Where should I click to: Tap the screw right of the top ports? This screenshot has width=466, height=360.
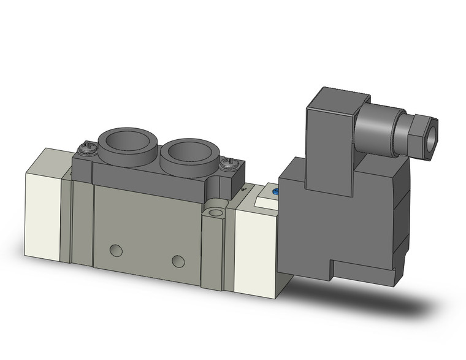[x=231, y=163]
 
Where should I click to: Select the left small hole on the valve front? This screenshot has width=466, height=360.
[x=116, y=250]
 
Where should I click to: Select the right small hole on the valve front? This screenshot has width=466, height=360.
[x=178, y=261]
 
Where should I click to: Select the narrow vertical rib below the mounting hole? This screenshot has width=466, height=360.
[x=212, y=251]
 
